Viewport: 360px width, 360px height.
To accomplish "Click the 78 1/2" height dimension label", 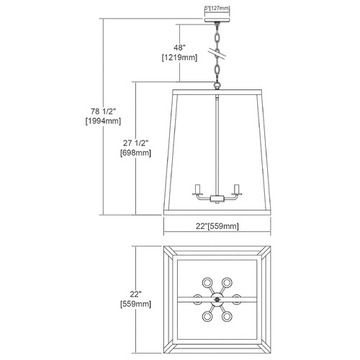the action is (x=103, y=112).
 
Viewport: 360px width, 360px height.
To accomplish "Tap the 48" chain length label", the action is (x=179, y=48).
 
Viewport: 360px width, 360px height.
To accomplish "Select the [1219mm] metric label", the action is (x=179, y=58).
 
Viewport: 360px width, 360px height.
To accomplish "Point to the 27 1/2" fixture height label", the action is (x=136, y=143).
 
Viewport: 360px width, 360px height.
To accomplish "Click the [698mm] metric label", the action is (x=136, y=153).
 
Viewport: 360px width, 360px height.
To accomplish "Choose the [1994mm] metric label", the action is (x=103, y=121).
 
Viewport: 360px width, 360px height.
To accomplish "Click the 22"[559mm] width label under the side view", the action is (x=217, y=226).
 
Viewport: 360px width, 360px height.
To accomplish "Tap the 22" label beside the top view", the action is (x=136, y=294).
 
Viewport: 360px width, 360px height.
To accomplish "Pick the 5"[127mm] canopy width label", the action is (x=217, y=8).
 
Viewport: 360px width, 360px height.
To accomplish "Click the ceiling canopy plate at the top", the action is (x=217, y=19).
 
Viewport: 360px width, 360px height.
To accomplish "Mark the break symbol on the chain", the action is (x=217, y=54).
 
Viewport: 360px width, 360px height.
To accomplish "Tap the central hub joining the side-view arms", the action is (x=217, y=199).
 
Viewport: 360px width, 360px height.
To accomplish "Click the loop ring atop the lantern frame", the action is (x=217, y=85).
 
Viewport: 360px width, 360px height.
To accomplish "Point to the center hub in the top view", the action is (x=217, y=300).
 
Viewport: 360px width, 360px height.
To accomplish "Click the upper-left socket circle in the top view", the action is (x=207, y=282).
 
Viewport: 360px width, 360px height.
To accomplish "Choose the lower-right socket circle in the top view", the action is (x=227, y=316).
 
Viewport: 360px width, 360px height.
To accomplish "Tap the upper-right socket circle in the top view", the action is (x=227, y=282).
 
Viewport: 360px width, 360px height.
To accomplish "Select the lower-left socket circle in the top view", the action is (x=207, y=316).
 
